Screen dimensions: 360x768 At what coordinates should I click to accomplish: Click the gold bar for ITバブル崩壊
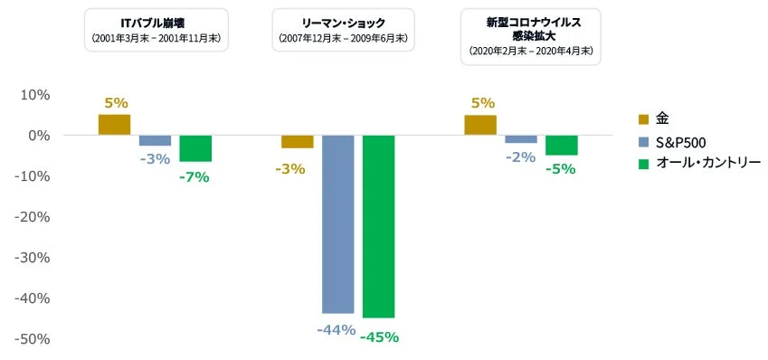click(x=114, y=125)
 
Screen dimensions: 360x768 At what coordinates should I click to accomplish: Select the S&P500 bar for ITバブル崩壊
click(x=155, y=140)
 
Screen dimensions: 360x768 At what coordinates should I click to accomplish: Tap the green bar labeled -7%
click(x=194, y=148)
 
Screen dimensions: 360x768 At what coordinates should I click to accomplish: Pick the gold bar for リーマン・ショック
click(x=297, y=141)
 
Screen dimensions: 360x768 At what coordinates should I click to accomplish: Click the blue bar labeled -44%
click(x=337, y=223)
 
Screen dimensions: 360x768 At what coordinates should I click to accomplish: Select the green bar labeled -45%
click(x=378, y=226)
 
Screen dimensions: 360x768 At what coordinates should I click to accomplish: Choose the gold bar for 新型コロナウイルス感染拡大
click(x=480, y=125)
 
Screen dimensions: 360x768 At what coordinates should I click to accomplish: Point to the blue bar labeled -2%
click(x=521, y=139)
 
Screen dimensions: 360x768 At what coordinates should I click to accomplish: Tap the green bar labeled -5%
click(x=561, y=145)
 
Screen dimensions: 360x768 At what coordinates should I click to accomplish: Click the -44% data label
click(x=336, y=330)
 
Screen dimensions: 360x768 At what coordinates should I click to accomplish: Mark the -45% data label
click(x=379, y=337)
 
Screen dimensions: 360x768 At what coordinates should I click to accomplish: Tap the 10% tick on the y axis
click(x=35, y=95)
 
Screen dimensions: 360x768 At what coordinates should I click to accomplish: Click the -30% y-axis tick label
click(x=33, y=258)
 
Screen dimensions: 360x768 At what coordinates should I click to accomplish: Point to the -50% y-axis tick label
click(x=33, y=339)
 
